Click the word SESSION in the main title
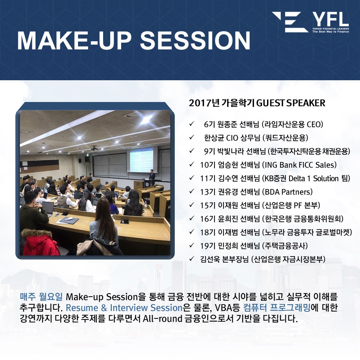195,40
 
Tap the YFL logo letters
331,19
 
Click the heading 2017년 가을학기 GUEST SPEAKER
257,103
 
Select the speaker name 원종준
226,124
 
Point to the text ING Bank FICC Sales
299,165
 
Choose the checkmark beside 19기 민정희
192,245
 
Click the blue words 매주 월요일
41,297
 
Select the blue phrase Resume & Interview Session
124,307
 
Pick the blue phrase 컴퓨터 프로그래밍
277,307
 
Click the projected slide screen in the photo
141,160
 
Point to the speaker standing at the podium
152,175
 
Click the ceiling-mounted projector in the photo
94,148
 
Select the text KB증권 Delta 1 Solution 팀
307,178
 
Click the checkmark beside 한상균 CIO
192,138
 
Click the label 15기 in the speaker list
208,205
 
